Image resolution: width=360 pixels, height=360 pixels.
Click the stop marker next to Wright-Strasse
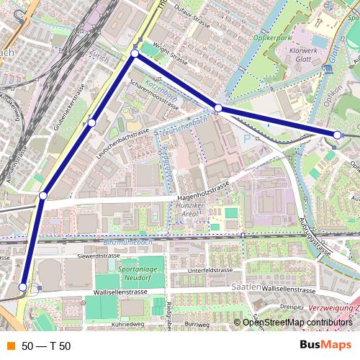[135, 54]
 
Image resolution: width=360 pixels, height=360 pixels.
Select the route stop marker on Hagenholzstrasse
[43, 196]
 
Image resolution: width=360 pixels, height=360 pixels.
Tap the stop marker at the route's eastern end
[337, 135]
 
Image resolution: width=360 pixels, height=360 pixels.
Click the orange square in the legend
[10, 346]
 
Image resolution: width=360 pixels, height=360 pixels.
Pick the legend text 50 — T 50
[46, 346]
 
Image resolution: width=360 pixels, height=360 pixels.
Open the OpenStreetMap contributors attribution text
[297, 323]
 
